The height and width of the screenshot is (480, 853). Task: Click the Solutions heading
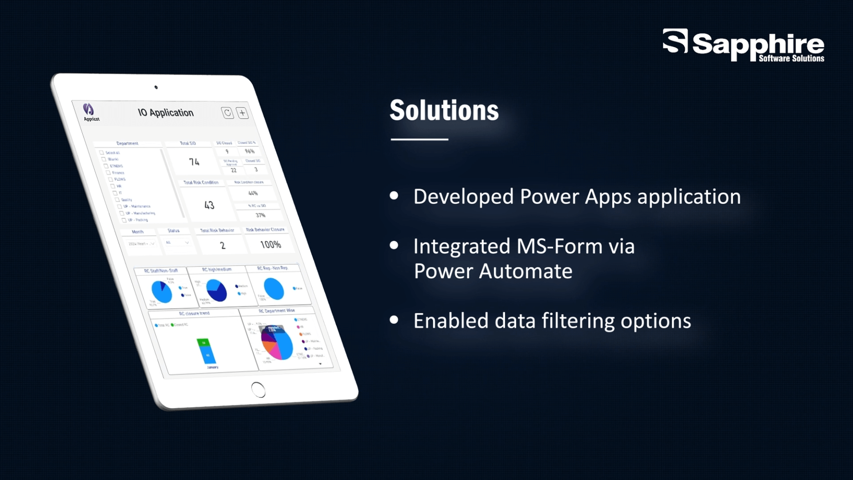coord(444,110)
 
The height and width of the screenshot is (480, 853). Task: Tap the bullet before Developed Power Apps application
coord(394,196)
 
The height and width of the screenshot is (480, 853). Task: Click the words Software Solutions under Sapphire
coord(791,58)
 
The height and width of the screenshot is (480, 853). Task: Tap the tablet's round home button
coord(258,390)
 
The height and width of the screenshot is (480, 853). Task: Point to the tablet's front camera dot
coord(156,87)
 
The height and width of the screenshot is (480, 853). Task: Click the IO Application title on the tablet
coord(166,112)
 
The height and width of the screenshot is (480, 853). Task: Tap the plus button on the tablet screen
coord(242,113)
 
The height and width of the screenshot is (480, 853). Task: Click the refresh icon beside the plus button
coord(227,113)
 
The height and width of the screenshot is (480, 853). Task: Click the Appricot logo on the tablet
coord(89,112)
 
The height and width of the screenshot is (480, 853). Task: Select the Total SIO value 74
coord(194,162)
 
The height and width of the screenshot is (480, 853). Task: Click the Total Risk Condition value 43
coord(209,205)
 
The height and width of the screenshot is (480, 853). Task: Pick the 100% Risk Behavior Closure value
coord(271,244)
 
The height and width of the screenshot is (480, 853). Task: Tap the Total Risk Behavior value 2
coord(223,245)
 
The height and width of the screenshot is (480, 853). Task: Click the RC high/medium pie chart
coord(217,290)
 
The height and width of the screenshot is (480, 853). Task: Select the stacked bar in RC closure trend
coord(207,351)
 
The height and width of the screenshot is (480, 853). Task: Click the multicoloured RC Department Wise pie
coord(277,343)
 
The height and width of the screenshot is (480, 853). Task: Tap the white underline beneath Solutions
coord(419,139)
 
